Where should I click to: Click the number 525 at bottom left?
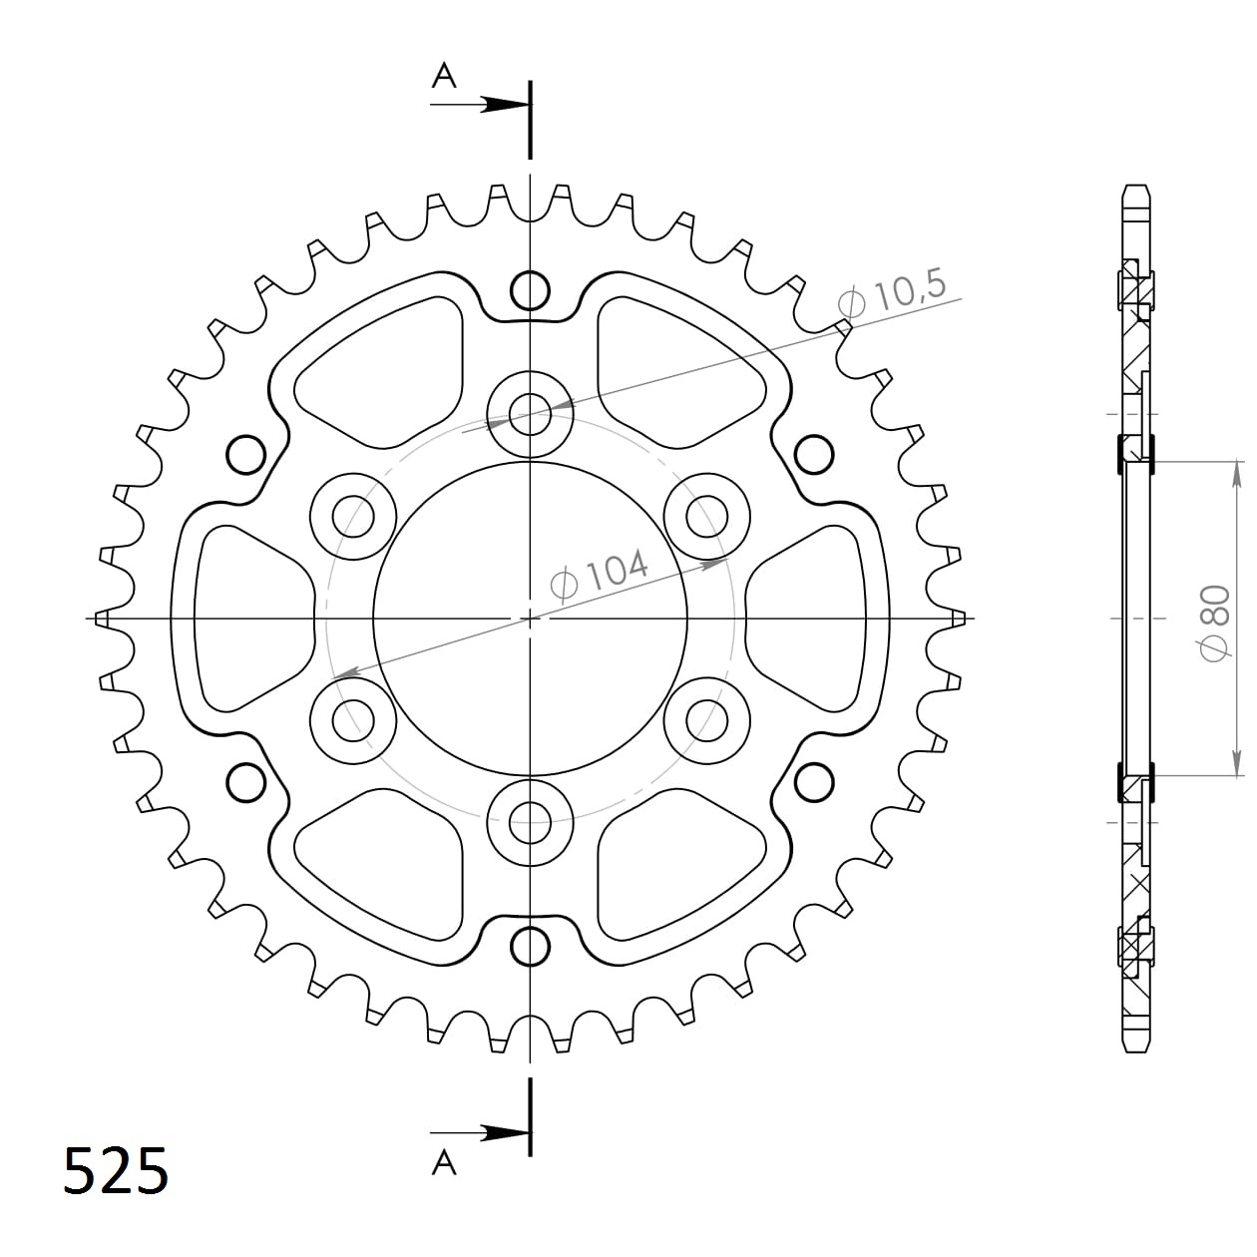click(116, 1171)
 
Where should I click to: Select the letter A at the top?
click(444, 75)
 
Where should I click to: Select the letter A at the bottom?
click(444, 1161)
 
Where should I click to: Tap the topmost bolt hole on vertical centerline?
click(530, 290)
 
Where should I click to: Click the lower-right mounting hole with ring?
click(707, 719)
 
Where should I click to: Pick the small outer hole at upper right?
click(814, 455)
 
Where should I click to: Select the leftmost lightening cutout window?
click(244, 619)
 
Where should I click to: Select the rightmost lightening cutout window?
click(813, 619)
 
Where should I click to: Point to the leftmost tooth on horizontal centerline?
click(100, 619)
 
